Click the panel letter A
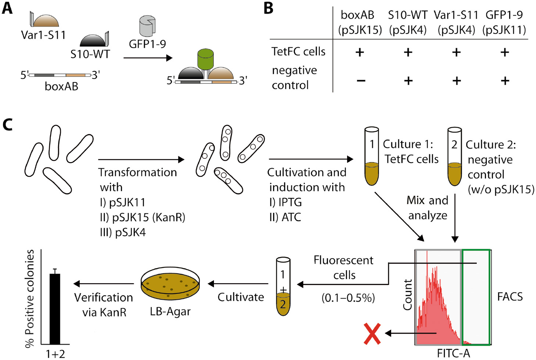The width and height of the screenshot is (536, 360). pyautogui.click(x=7, y=8)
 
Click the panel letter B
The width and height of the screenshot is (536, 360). pyautogui.click(x=268, y=8)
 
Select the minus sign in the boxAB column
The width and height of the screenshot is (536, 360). pyautogui.click(x=361, y=81)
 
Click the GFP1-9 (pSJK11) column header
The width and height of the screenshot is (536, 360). pyautogui.click(x=504, y=22)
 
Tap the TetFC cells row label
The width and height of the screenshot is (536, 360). pyautogui.click(x=298, y=51)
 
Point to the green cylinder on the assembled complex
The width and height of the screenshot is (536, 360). pyautogui.click(x=205, y=59)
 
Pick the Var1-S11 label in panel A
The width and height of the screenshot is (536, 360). pyautogui.click(x=43, y=35)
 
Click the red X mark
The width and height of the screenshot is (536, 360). pyautogui.click(x=372, y=334)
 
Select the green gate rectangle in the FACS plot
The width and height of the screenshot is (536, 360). pyautogui.click(x=476, y=297)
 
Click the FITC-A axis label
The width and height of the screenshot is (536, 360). pyautogui.click(x=453, y=353)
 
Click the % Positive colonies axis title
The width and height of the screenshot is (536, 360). pyautogui.click(x=29, y=298)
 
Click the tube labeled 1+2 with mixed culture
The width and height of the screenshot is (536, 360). pyautogui.click(x=283, y=287)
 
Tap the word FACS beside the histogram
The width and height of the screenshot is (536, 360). pyautogui.click(x=510, y=296)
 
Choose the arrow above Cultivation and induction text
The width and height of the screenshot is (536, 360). pyautogui.click(x=311, y=159)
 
